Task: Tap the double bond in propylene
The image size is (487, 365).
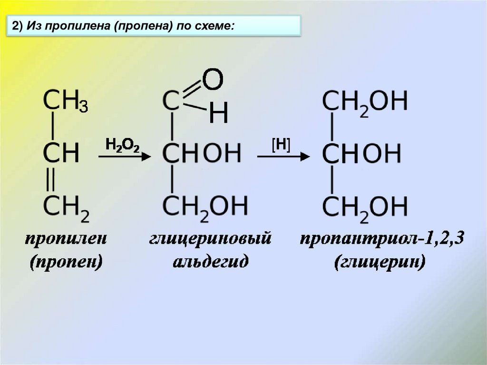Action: (x=52, y=180)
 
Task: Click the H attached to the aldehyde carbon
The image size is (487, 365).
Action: (x=219, y=113)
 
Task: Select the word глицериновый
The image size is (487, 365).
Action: (x=210, y=239)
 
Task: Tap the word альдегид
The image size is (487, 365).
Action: (x=210, y=262)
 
